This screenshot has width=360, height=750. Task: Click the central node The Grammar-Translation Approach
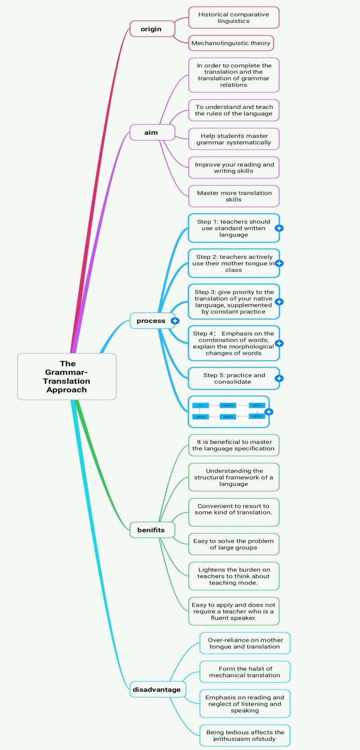coord(67,377)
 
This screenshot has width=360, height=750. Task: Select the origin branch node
coord(151,29)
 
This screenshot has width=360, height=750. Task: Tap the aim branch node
coord(151,132)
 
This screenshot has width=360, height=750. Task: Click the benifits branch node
coord(151,530)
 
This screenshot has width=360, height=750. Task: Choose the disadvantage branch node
coord(157,689)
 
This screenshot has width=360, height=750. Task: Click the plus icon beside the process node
coord(175,321)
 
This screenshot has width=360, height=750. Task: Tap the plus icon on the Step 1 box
coord(279,228)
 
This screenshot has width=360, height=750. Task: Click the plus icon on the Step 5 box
coord(279,378)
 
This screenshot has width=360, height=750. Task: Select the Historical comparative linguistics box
coord(234,18)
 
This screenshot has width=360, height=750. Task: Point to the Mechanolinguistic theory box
coord(231,43)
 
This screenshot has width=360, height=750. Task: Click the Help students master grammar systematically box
coord(234,139)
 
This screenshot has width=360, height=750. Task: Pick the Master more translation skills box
coord(234,196)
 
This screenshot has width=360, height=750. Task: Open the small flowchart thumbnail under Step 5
coord(228,411)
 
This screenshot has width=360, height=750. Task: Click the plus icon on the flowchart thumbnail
coord(269,412)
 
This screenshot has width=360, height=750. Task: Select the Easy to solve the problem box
coord(234,544)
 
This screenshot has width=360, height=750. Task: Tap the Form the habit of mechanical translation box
coord(244,672)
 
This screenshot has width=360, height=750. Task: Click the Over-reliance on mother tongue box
coord(244,643)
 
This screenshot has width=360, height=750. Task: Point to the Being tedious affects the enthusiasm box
coord(244,736)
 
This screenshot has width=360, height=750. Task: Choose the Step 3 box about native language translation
coord(233,302)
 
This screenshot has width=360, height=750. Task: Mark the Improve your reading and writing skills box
coord(234,168)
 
